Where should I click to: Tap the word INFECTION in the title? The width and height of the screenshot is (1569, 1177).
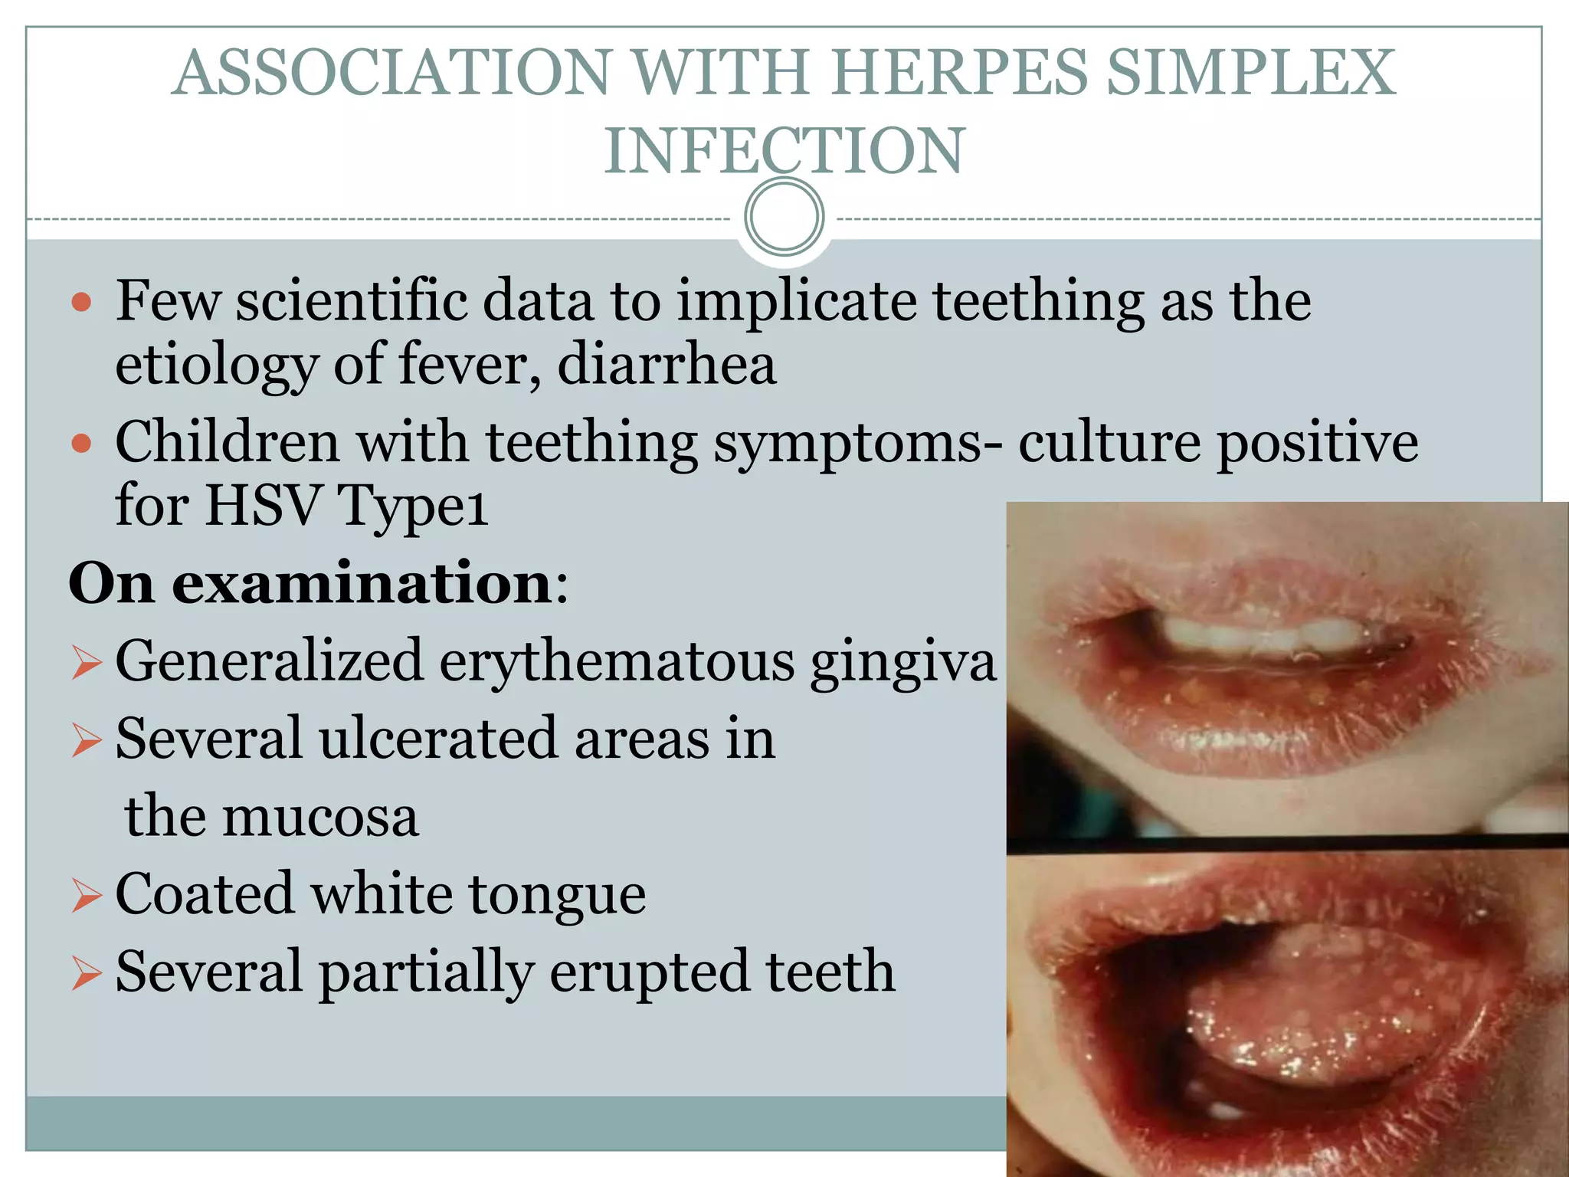784,151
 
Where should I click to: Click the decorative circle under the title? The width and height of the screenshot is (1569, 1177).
784,216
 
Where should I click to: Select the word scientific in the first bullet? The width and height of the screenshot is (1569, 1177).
352,300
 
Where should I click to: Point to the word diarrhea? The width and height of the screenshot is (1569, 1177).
667,364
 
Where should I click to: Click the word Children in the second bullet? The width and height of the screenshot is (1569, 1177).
228,442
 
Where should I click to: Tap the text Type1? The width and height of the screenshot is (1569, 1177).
412,506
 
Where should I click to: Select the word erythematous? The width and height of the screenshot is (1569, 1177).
617,661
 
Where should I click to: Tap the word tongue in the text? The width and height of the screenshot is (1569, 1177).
557,894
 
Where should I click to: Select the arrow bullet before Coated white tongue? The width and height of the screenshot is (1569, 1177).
87,895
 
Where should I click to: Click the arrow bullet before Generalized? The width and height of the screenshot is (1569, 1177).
87,662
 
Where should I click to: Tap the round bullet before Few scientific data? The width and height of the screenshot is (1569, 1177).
81,302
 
